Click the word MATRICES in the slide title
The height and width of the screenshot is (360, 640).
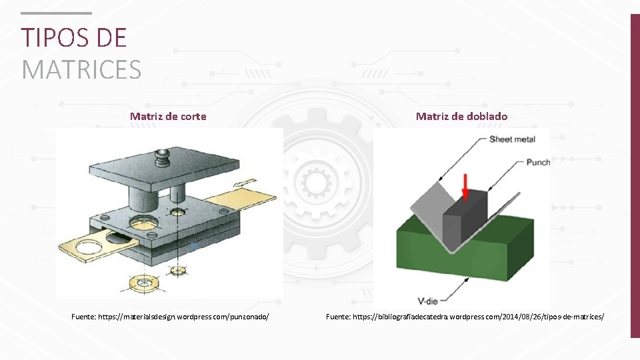(81, 69)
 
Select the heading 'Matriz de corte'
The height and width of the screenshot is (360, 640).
(168, 116)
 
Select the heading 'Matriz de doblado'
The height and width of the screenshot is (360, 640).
(461, 116)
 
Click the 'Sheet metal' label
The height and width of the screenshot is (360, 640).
(512, 139)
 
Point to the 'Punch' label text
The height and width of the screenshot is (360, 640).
(537, 162)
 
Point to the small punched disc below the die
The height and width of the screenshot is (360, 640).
(178, 270)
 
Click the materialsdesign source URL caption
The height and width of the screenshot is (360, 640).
(170, 317)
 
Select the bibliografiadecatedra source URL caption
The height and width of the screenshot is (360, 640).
(465, 317)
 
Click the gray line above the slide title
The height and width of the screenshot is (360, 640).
(56, 13)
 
